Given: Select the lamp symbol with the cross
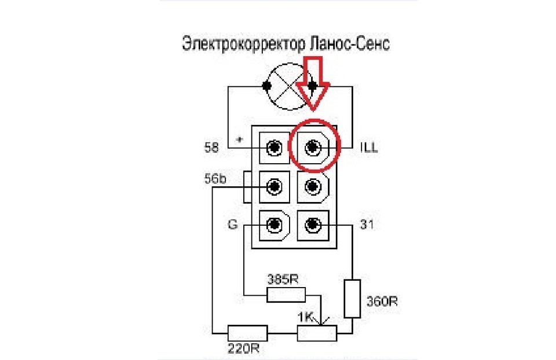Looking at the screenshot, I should point(290,86).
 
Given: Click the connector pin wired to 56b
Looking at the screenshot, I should point(274,187).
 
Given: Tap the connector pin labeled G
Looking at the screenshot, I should point(274,225).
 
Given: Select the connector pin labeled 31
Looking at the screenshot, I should point(313,225).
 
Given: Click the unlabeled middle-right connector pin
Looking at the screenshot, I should point(313,187).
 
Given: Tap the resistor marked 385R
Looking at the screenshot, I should point(286,295).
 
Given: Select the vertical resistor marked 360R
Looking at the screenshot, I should point(352,299).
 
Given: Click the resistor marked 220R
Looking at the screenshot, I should point(247,333).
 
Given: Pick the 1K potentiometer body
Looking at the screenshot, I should point(317,333).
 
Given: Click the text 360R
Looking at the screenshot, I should point(382,302).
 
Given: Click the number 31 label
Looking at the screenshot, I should point(367,225).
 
